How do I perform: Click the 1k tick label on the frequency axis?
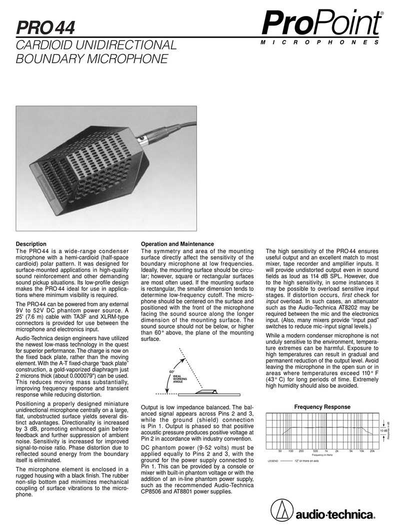tap(326, 451)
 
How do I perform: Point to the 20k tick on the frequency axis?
tap(372, 451)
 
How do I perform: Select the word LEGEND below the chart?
tap(272, 461)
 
